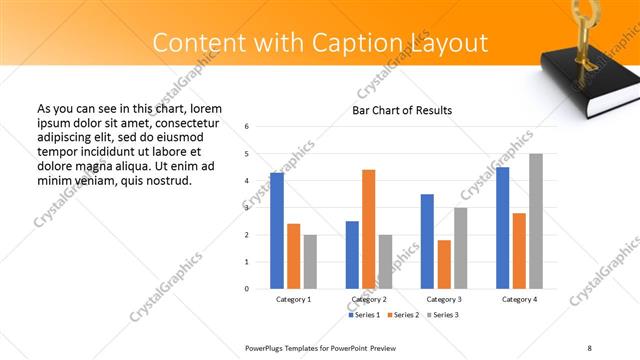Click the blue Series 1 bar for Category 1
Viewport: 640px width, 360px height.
pyautogui.click(x=277, y=231)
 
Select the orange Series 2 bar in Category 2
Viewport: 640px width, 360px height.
pyautogui.click(x=368, y=229)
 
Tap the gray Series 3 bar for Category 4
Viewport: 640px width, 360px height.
pyautogui.click(x=536, y=221)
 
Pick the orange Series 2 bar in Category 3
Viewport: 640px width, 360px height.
pyautogui.click(x=444, y=264)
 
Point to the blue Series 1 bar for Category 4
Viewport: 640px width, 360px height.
pyautogui.click(x=502, y=228)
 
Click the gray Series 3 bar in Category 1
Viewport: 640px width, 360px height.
pyautogui.click(x=310, y=262)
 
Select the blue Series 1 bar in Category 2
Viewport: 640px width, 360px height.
pyautogui.click(x=352, y=255)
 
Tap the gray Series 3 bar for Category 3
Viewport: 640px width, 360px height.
pyautogui.click(x=461, y=248)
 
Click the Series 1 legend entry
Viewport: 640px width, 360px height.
pyautogui.click(x=364, y=315)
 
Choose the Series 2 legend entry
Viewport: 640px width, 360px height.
pyautogui.click(x=404, y=315)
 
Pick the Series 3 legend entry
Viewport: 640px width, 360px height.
pyautogui.click(x=444, y=315)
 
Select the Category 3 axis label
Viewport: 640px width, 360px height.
pyautogui.click(x=444, y=299)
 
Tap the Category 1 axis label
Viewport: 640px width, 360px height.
pyautogui.click(x=293, y=299)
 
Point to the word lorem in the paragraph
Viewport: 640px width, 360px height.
pyautogui.click(x=204, y=108)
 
